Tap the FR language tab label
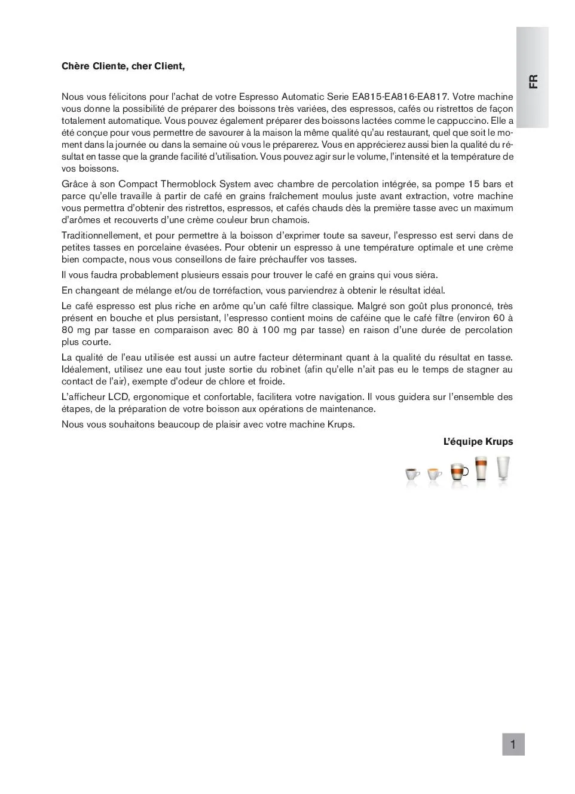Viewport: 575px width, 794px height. [533, 81]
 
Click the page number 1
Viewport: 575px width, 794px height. [513, 744]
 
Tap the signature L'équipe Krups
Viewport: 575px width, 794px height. [478, 442]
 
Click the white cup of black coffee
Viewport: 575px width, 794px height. [412, 475]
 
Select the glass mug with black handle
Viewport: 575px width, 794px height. [459, 472]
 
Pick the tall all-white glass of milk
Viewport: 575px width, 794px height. [503, 469]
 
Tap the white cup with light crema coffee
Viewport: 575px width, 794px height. [435, 475]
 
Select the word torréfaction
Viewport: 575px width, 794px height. [236, 291]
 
